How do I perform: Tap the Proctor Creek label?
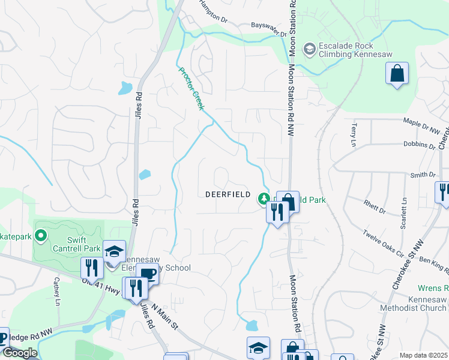[191, 88]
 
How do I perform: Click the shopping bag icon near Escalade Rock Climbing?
[396, 74]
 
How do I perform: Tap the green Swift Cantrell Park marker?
[41, 236]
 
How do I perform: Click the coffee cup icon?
[147, 274]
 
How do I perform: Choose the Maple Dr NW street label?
[423, 126]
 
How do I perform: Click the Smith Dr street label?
[423, 175]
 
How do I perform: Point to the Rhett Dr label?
[375, 206]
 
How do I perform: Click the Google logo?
[19, 353]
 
